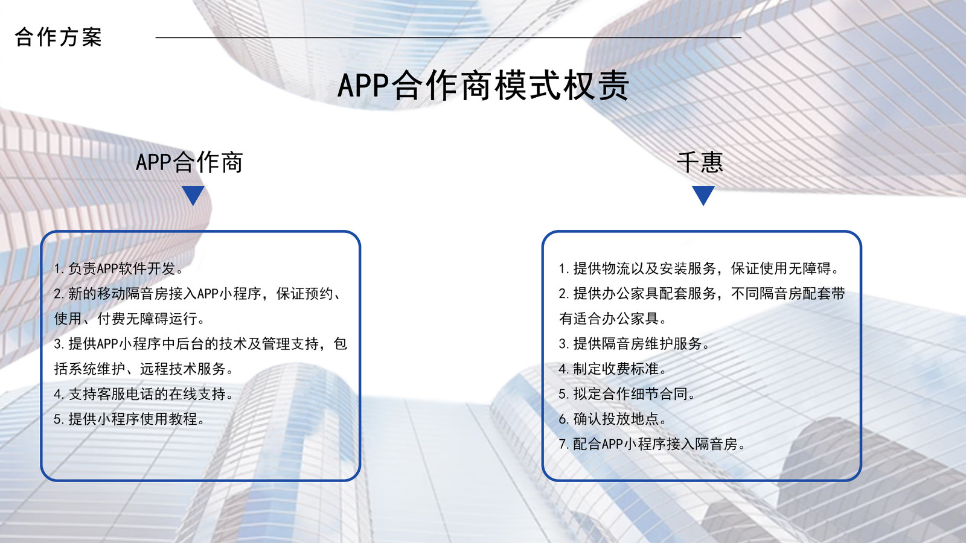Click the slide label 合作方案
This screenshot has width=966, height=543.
point(58,37)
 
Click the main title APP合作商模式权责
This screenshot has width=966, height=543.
point(483,85)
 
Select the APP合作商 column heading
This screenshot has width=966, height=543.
point(190,162)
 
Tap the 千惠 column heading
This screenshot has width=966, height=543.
point(700,162)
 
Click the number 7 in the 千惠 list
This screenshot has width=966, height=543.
point(562,444)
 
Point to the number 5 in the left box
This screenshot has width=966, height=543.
point(57,419)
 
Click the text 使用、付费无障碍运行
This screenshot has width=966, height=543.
point(129,319)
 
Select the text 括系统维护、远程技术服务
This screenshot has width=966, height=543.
point(144,369)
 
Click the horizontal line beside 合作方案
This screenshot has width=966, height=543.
point(449,37)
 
